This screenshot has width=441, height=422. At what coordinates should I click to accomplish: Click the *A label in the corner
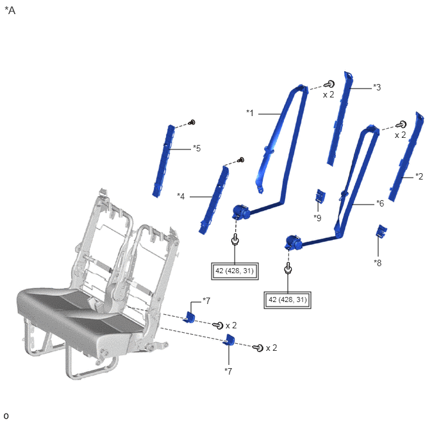(x=10, y=10)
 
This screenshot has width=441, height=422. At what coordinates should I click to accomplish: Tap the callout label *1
(x=250, y=113)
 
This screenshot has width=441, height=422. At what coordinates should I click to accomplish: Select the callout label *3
(x=377, y=87)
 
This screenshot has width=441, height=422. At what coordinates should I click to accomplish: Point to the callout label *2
(x=419, y=176)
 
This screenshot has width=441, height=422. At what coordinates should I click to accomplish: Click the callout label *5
(x=197, y=148)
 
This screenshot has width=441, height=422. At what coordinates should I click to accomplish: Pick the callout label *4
(x=181, y=196)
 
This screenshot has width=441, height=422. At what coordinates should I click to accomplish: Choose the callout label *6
(x=380, y=203)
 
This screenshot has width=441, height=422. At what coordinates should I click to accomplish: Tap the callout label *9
(x=317, y=218)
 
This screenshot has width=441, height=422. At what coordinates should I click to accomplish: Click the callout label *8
(x=378, y=263)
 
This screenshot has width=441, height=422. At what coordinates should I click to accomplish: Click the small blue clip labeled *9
(x=320, y=196)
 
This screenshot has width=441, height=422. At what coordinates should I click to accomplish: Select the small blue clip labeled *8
(x=381, y=231)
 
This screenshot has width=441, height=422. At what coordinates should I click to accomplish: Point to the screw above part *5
(x=192, y=122)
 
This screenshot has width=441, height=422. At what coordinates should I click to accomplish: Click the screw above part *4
(x=241, y=160)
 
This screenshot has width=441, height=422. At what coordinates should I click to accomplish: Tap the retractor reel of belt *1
(x=241, y=212)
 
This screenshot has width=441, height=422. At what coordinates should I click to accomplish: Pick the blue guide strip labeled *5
(x=163, y=161)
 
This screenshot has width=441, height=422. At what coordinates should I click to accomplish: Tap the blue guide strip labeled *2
(x=406, y=156)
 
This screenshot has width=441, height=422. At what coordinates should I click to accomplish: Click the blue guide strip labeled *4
(x=213, y=199)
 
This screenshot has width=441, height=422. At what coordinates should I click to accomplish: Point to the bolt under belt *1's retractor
(x=235, y=240)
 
